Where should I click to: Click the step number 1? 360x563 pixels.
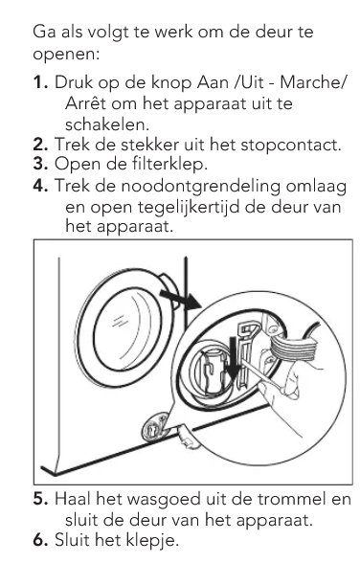[x=41, y=82]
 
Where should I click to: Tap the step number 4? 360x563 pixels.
[x=41, y=186]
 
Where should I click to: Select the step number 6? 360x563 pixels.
[x=40, y=540]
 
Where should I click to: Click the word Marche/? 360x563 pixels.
[x=313, y=82]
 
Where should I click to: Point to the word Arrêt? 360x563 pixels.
[x=85, y=103]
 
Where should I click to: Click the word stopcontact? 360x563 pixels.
[x=290, y=146]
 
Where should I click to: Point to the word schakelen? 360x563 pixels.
[x=106, y=124]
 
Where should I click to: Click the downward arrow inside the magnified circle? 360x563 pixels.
[x=233, y=358]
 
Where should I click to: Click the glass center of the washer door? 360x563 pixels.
[x=124, y=328]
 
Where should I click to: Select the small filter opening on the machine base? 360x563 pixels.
[x=155, y=427]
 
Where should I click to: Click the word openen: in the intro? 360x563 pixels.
[x=66, y=55]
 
